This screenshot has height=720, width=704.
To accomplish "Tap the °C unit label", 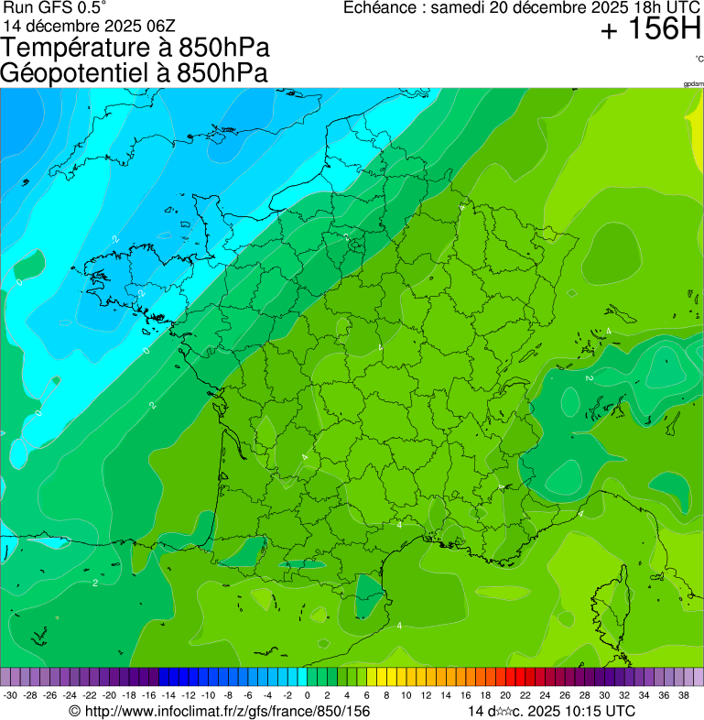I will pos(699,59).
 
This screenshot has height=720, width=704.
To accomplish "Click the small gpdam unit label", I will pos(693,84).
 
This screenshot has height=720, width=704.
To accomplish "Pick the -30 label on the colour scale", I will pos(10,695).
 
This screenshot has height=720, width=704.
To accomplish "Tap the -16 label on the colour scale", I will pos(150,695).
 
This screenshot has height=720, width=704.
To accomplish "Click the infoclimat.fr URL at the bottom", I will pos(227,711).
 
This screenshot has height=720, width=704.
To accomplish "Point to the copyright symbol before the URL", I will pos(75,711).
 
